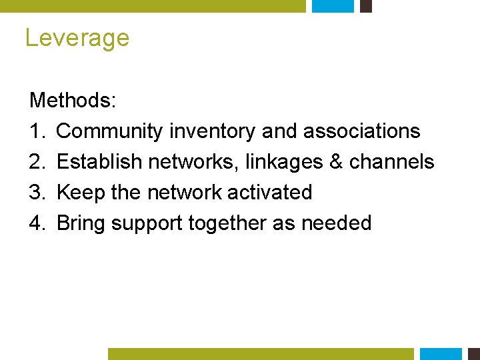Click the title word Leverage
(77, 38)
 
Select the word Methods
(71, 101)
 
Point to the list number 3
(36, 193)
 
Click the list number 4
(36, 223)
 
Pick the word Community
(109, 131)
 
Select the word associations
(362, 131)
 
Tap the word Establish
(99, 162)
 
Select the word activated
(269, 193)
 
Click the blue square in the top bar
(333, 6)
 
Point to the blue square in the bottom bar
(441, 354)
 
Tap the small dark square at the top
(365, 6)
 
